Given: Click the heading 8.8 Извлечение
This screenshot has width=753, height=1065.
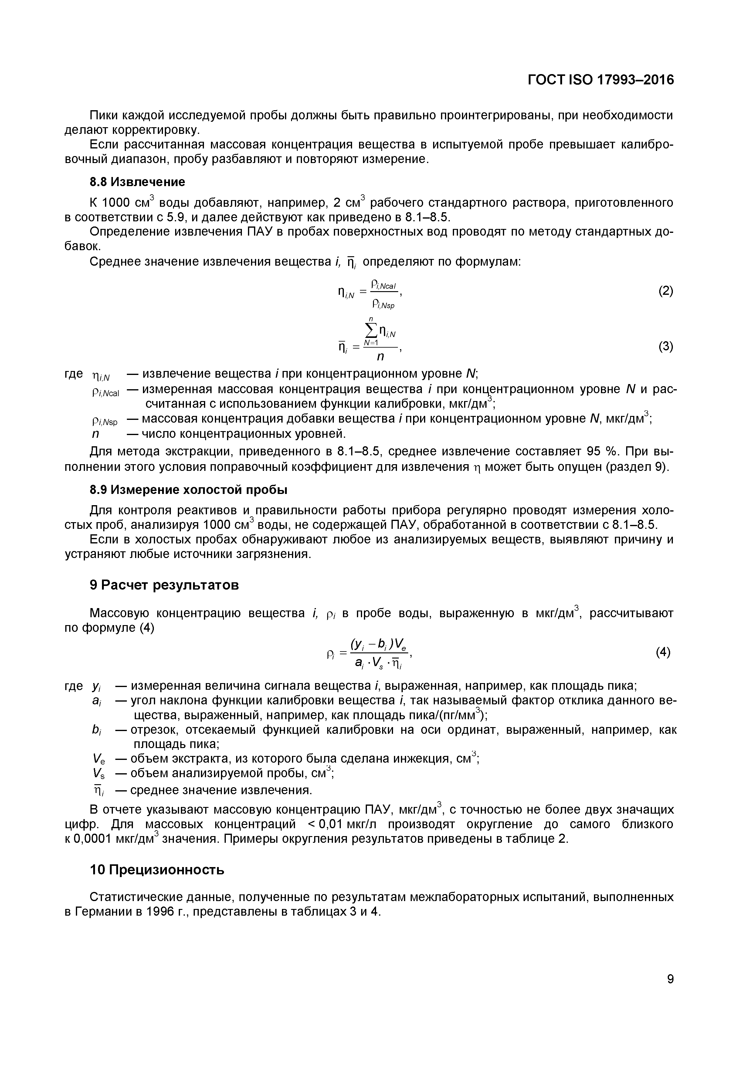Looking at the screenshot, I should pyautogui.click(x=137, y=182).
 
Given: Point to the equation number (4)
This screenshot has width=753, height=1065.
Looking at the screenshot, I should pyautogui.click(x=663, y=653).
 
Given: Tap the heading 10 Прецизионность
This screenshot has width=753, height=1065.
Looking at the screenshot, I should pyautogui.click(x=157, y=870).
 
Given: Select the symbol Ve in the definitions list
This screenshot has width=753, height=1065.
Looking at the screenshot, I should pyautogui.click(x=99, y=759).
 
